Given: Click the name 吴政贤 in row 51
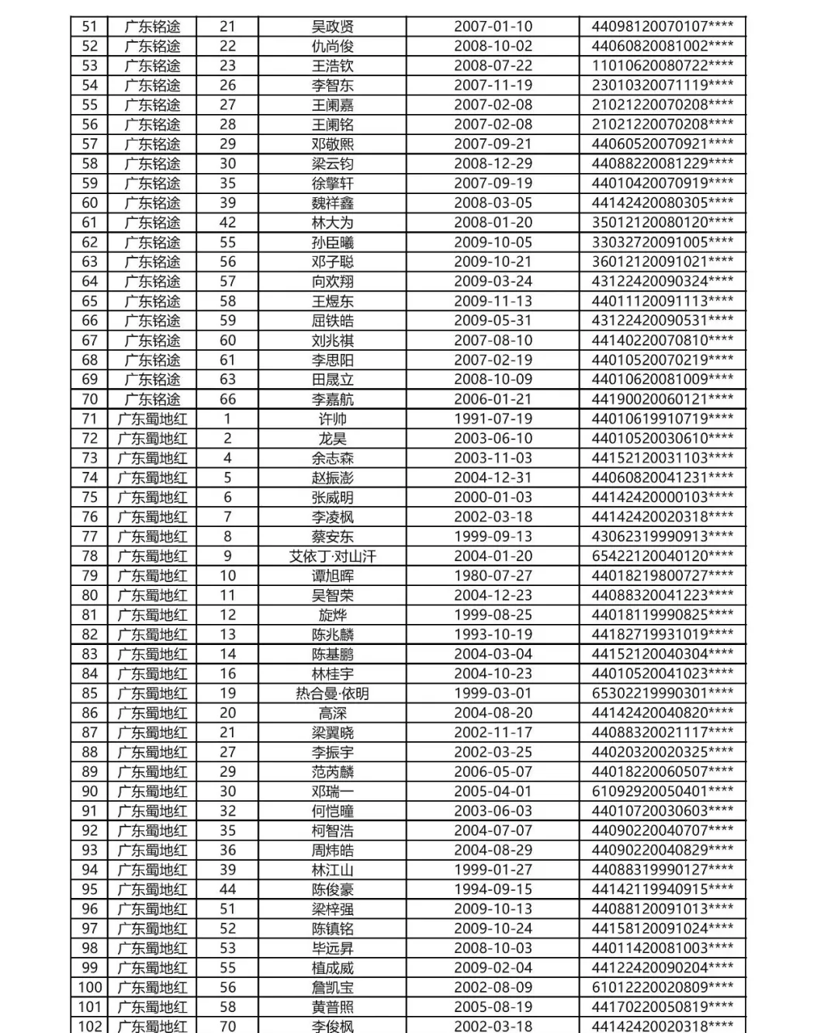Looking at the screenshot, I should (332, 27).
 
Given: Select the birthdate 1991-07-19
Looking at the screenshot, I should (493, 419).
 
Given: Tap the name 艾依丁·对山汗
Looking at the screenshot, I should (332, 556).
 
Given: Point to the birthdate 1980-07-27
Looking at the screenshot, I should (493, 576).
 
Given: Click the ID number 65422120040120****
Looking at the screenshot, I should (662, 556).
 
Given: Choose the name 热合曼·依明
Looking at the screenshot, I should (332, 693).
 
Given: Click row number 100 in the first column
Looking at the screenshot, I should (89, 987).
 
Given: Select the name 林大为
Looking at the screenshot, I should (332, 223).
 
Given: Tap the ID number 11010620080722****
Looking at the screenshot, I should (662, 66).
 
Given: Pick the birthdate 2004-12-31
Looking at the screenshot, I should (493, 478).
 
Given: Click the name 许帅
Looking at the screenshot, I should (332, 419).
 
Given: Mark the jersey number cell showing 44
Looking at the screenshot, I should (227, 889).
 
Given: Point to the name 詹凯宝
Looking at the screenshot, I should (332, 987).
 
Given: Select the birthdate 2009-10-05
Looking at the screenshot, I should (493, 242).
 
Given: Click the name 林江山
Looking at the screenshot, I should (332, 870).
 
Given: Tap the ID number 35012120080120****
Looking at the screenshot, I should (662, 223).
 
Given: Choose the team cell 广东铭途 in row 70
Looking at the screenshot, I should (152, 400).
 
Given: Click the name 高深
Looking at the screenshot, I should (332, 713).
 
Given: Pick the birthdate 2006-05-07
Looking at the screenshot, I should (493, 771).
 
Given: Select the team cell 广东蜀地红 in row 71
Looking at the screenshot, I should (152, 419).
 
